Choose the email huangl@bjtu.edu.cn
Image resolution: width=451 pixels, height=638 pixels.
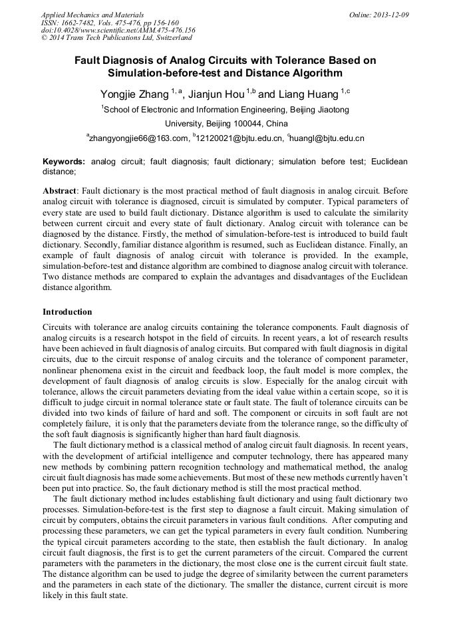click(x=327, y=139)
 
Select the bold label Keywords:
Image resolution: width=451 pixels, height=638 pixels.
click(x=64, y=162)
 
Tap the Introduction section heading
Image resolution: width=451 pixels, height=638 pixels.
click(x=67, y=312)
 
